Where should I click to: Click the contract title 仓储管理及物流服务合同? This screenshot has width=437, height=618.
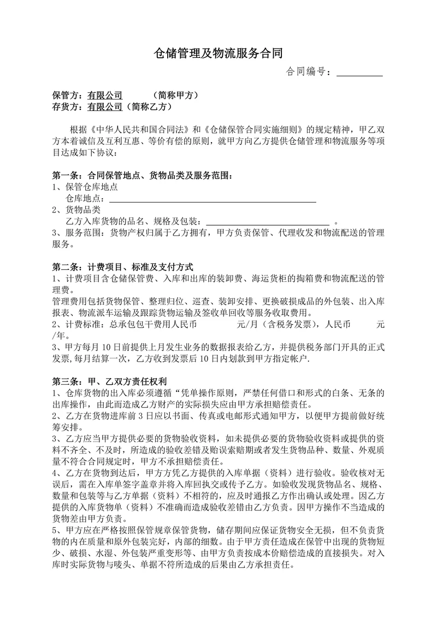coord(218,53)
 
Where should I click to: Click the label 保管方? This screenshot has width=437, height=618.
coord(67,96)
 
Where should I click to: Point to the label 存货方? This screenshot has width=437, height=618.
coord(67,107)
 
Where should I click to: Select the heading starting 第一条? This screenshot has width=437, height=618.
coord(143,176)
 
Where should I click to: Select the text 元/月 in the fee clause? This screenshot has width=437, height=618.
coord(246,324)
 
